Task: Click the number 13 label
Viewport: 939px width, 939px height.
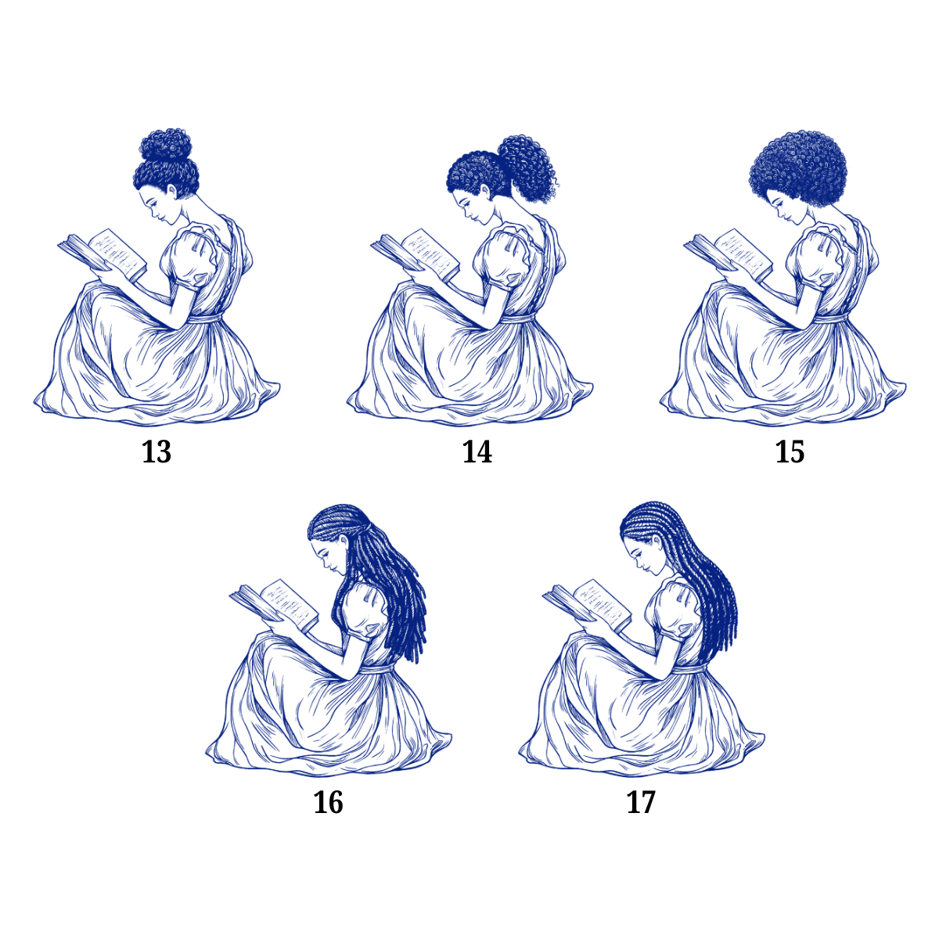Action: [x=156, y=452]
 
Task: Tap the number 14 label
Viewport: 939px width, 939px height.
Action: [x=477, y=452]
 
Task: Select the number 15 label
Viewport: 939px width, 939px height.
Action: [x=790, y=452]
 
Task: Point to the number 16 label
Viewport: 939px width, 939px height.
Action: [x=328, y=802]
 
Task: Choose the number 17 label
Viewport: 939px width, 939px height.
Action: [x=641, y=802]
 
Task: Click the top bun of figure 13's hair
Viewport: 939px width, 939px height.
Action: [x=166, y=145]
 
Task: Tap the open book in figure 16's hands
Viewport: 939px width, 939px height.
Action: [x=275, y=605]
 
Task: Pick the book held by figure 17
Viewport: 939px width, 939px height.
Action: [x=587, y=605]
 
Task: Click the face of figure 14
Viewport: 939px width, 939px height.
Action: [x=469, y=207]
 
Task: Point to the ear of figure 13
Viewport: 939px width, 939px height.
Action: [x=172, y=190]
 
